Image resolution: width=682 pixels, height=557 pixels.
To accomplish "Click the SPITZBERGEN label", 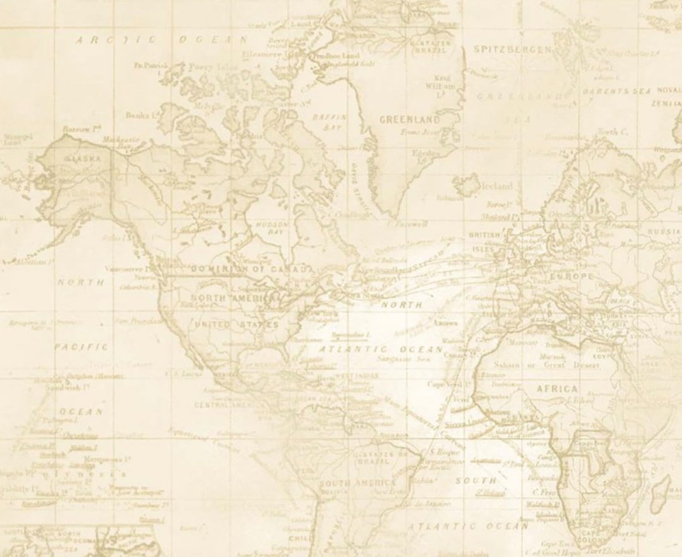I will click(x=513, y=49).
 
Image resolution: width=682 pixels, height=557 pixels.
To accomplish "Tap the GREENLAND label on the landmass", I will click(x=409, y=119).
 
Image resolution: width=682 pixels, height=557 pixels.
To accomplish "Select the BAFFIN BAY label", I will click(x=330, y=121).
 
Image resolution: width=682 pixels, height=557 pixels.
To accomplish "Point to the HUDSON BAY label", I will click(x=272, y=228).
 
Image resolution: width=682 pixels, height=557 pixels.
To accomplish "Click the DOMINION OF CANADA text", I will click(x=252, y=269).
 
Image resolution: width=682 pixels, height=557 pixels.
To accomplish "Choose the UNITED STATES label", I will click(x=236, y=324).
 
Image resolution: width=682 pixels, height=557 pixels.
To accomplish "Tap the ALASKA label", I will click(x=83, y=159).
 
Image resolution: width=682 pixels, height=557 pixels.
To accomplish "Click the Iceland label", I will click(x=497, y=186).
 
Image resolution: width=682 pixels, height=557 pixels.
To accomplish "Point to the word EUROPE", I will click(x=571, y=276).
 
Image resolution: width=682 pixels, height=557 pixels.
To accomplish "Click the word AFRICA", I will click(x=557, y=388).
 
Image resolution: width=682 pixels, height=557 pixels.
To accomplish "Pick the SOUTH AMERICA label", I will click(x=357, y=484).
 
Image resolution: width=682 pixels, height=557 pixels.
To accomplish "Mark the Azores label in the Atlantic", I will click(x=446, y=322).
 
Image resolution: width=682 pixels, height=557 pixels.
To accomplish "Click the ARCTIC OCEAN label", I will click(x=162, y=40).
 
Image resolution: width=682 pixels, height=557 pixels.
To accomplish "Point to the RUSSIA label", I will click(x=664, y=231).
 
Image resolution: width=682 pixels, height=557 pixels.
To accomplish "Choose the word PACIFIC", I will click(x=81, y=346).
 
